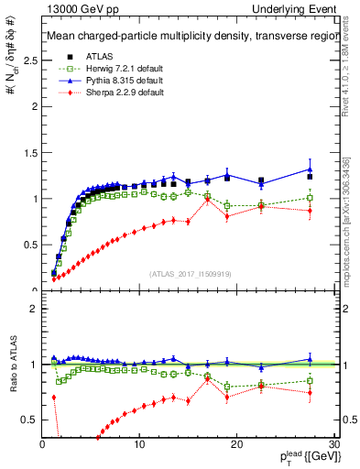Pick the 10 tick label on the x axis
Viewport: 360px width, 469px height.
[x=139, y=444]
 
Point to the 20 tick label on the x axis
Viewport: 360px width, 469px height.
[x=236, y=444]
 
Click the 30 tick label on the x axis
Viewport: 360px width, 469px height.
[x=333, y=444]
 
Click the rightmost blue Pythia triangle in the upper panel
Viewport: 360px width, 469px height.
[x=310, y=169]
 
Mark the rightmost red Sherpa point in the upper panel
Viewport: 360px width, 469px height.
[x=310, y=211]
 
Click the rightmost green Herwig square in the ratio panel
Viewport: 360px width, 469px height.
[x=310, y=381]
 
